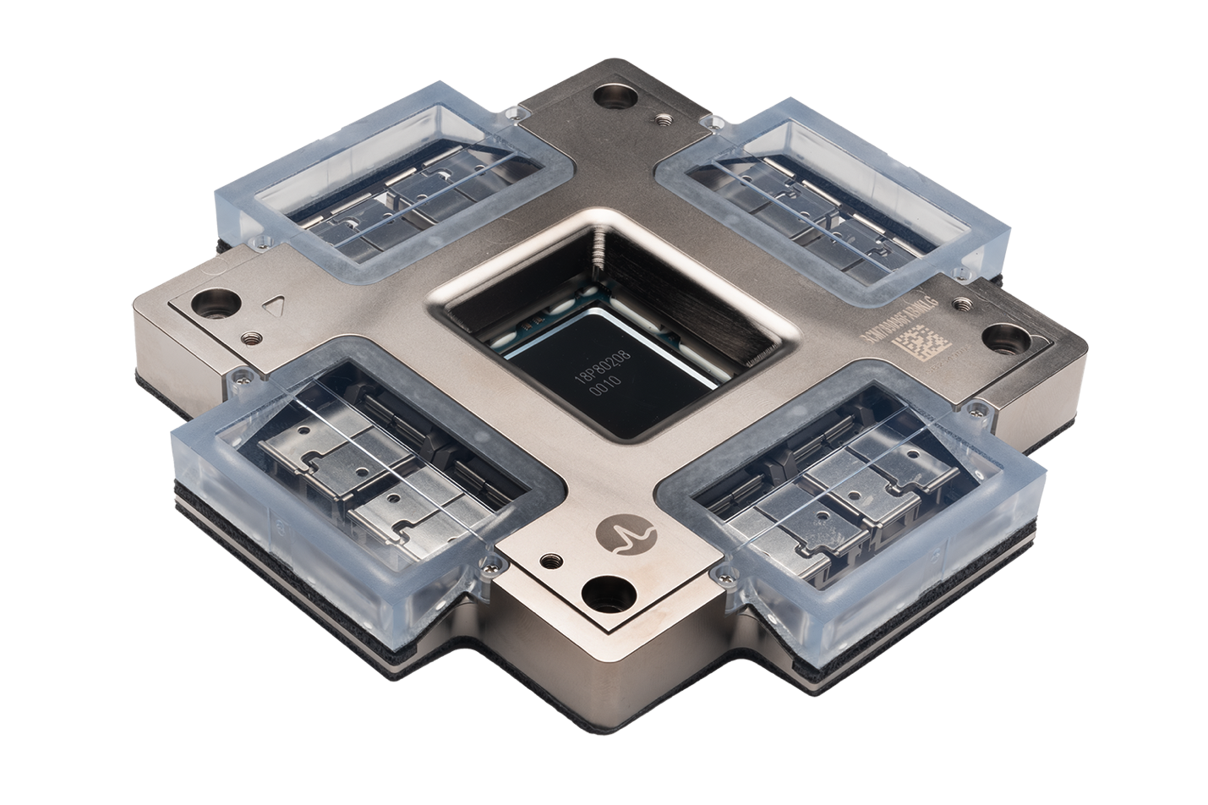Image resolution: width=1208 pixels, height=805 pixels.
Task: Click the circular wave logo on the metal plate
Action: pyautogui.click(x=627, y=533)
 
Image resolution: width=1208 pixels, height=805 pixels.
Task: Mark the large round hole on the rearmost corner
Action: pyautogui.click(x=609, y=96)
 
